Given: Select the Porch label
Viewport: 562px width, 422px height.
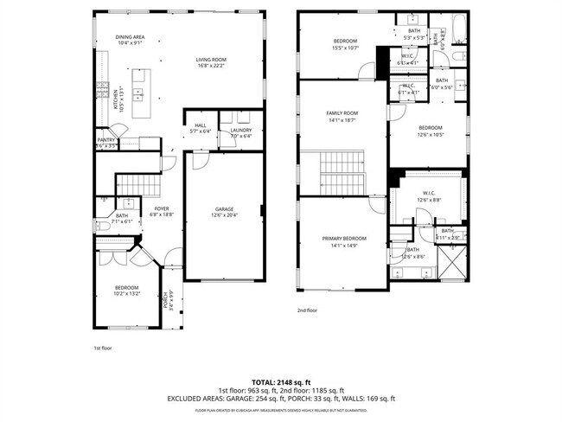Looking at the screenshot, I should pyautogui.click(x=166, y=300).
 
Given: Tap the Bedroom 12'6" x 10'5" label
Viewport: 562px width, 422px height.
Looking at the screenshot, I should pyautogui.click(x=430, y=131).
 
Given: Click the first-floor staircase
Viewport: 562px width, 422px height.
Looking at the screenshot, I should pyautogui.click(x=134, y=183).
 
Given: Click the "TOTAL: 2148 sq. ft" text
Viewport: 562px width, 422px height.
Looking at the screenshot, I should pyautogui.click(x=280, y=381).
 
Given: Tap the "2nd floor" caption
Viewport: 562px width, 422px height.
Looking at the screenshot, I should pyautogui.click(x=308, y=310).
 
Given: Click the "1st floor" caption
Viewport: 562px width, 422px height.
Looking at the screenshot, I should pyautogui.click(x=103, y=348).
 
